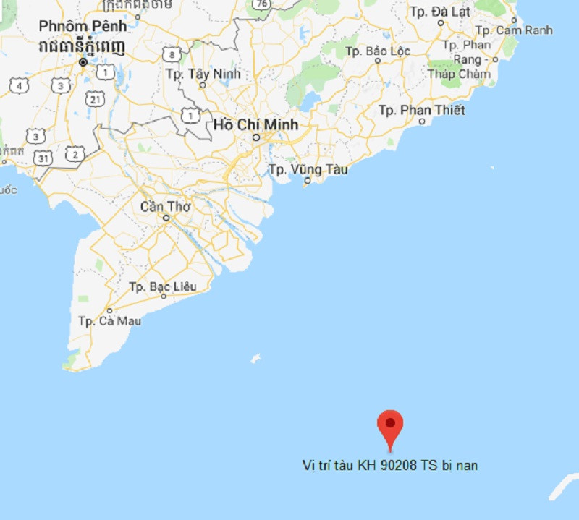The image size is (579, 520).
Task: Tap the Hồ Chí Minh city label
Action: click(x=255, y=124)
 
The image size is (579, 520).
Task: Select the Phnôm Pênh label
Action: click(x=83, y=26)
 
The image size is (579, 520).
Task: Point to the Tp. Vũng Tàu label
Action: click(x=308, y=169)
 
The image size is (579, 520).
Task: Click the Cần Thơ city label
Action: click(x=165, y=206)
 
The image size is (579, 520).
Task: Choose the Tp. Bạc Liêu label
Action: click(x=162, y=286)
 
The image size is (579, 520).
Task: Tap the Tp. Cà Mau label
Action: click(x=109, y=320)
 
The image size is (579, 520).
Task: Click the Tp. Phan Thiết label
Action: click(x=422, y=110)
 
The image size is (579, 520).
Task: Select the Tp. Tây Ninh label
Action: click(x=203, y=74)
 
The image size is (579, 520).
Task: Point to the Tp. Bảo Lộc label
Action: click(x=378, y=51)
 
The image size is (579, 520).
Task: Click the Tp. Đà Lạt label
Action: click(x=439, y=12)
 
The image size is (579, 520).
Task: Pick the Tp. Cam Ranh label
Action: click(x=515, y=30)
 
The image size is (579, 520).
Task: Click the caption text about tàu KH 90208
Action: click(x=389, y=465)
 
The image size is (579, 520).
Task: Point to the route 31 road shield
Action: click(x=44, y=157)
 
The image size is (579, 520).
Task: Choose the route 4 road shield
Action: click(x=19, y=85)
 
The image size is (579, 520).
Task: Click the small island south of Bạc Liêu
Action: click(x=255, y=359)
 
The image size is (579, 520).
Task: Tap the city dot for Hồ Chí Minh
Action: click(x=255, y=137)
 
